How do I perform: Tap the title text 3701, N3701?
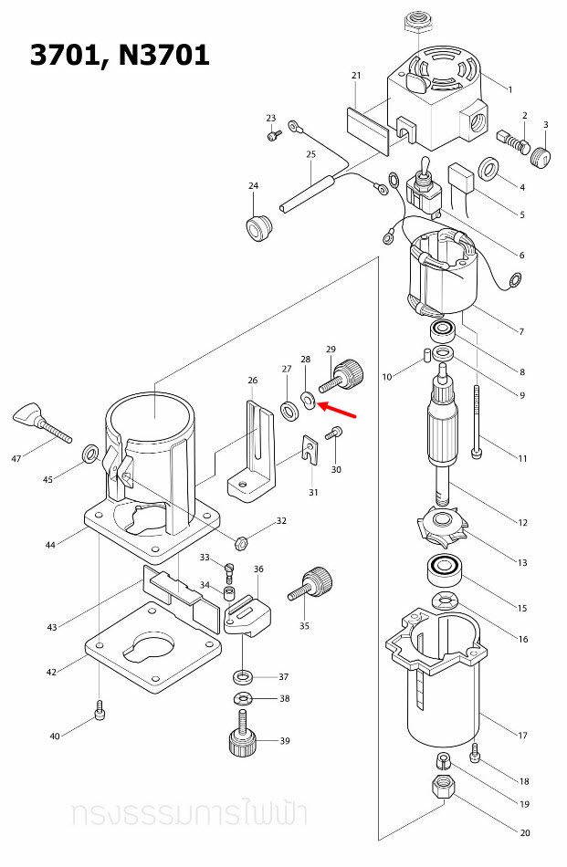(120, 55)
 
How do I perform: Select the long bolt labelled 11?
(478, 420)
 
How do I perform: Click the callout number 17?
(523, 736)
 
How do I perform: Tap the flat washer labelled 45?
(92, 454)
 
